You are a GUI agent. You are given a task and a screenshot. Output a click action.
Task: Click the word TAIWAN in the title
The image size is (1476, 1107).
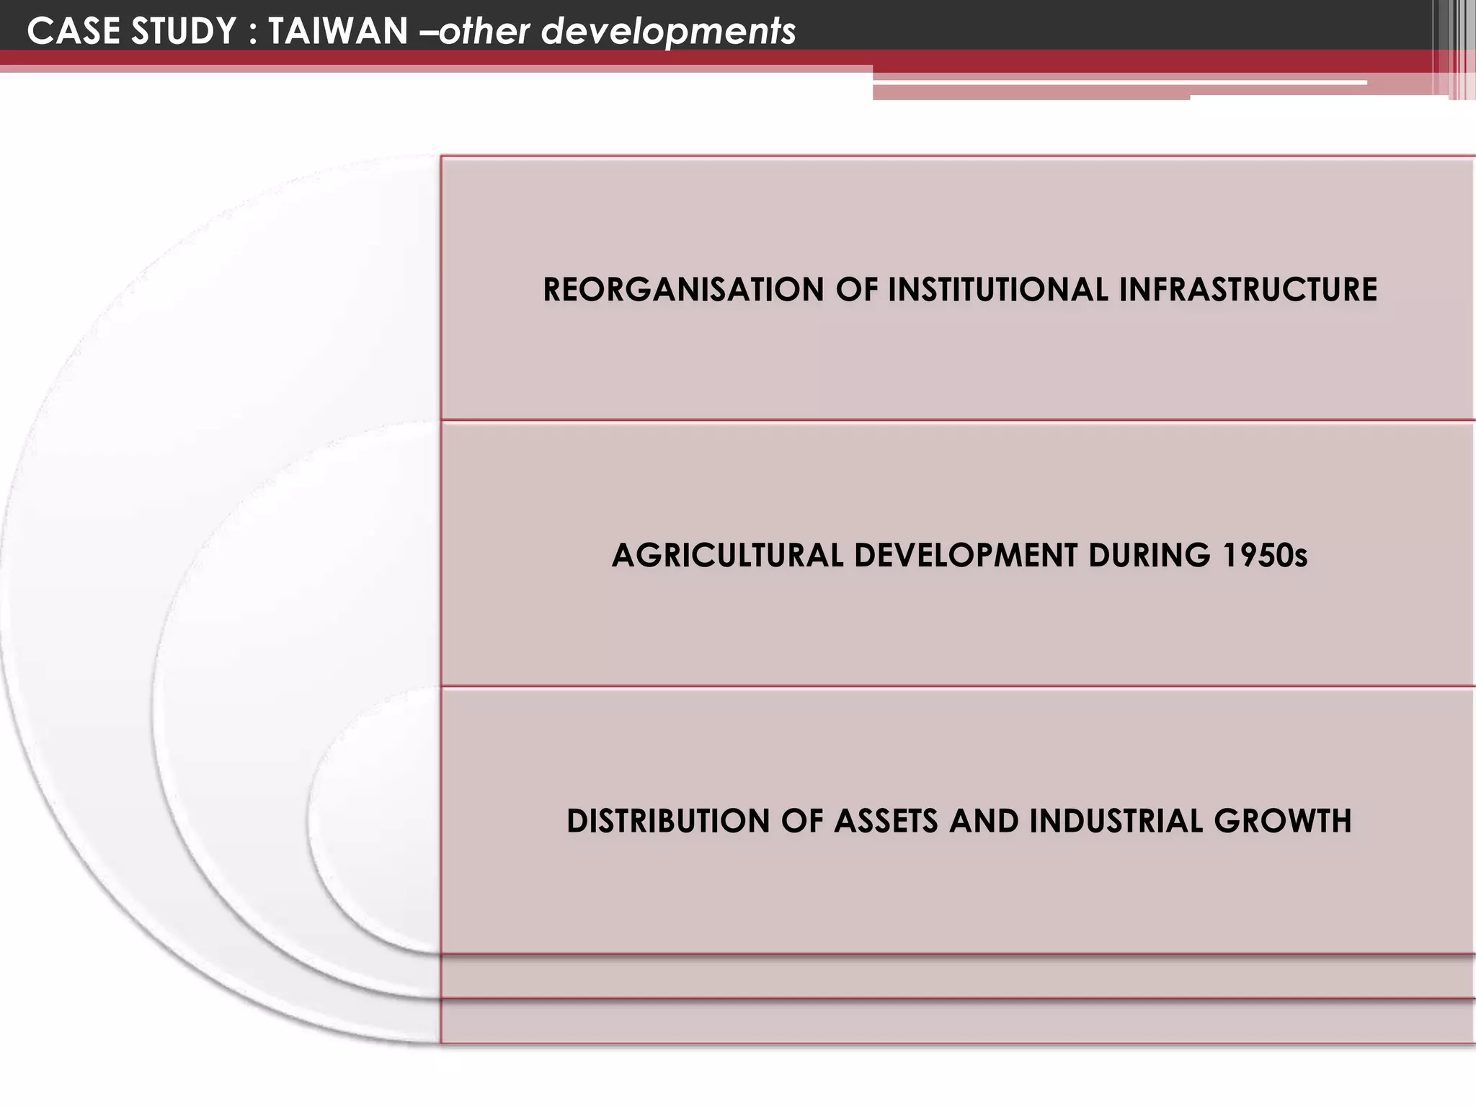(338, 32)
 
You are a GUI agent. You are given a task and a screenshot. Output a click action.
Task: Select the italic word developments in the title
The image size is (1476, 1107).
(668, 32)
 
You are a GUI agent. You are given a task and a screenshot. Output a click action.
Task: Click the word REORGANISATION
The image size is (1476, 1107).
(683, 290)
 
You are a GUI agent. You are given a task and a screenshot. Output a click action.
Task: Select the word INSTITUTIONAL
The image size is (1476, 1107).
(997, 290)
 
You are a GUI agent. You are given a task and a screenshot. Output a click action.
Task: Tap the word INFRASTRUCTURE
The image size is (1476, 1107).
(1248, 290)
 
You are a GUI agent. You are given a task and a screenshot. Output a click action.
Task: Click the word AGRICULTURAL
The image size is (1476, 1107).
(727, 556)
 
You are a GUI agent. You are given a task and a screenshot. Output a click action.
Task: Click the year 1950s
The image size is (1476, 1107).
(1264, 556)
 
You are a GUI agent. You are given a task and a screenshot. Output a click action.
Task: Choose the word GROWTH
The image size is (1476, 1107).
(1283, 822)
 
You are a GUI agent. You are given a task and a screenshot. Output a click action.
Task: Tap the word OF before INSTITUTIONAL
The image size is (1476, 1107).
(856, 290)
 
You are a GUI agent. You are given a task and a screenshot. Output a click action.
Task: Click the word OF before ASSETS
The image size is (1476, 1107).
(801, 822)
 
